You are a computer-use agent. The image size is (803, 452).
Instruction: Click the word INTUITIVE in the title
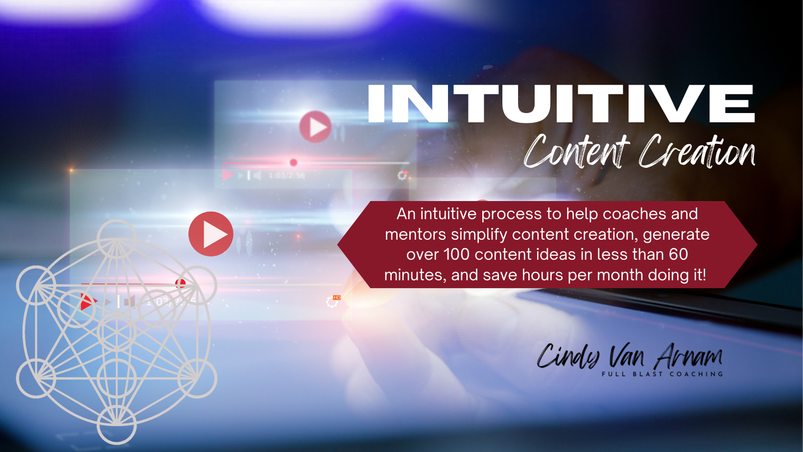[562, 104]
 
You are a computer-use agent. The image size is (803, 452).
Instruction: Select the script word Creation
[697, 151]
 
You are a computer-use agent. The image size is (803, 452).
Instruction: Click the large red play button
[211, 234]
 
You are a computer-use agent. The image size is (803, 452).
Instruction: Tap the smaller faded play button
[315, 127]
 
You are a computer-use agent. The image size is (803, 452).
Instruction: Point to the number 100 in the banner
[456, 255]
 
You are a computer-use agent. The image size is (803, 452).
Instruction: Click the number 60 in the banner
[678, 255]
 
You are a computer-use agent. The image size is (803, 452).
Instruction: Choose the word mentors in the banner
[416, 235]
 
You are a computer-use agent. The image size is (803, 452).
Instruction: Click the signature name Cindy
[568, 357]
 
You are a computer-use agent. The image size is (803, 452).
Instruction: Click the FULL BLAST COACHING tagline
[662, 374]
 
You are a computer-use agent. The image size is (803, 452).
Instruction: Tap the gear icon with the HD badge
[332, 301]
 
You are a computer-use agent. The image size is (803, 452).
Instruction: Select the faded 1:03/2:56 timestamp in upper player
[287, 176]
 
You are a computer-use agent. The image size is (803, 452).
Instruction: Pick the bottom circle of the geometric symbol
[117, 425]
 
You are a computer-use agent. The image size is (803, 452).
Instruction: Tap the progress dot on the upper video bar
[294, 162]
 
